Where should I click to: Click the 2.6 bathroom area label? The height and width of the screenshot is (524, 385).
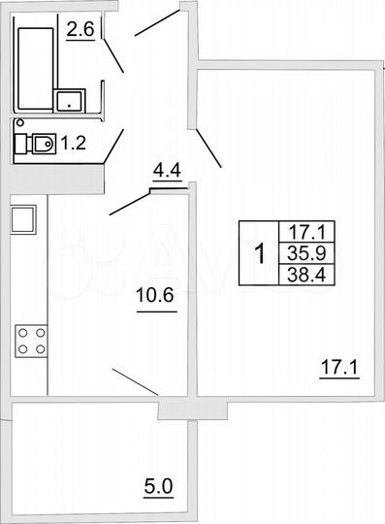(x=80, y=31)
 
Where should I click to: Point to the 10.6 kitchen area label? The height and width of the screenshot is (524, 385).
(x=155, y=297)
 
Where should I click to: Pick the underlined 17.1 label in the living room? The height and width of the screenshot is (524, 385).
(x=339, y=368)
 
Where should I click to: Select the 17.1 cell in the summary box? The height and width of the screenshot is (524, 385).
(x=299, y=232)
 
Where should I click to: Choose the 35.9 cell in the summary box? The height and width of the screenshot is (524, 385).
(x=299, y=253)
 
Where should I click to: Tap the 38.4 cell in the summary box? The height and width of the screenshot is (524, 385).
(x=299, y=275)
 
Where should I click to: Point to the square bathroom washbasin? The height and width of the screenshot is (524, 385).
(x=70, y=100)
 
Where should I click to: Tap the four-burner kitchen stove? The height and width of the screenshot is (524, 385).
(x=31, y=342)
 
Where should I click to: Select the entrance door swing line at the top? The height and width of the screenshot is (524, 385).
(x=156, y=23)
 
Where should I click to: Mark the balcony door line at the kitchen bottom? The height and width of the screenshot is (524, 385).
(x=135, y=380)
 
